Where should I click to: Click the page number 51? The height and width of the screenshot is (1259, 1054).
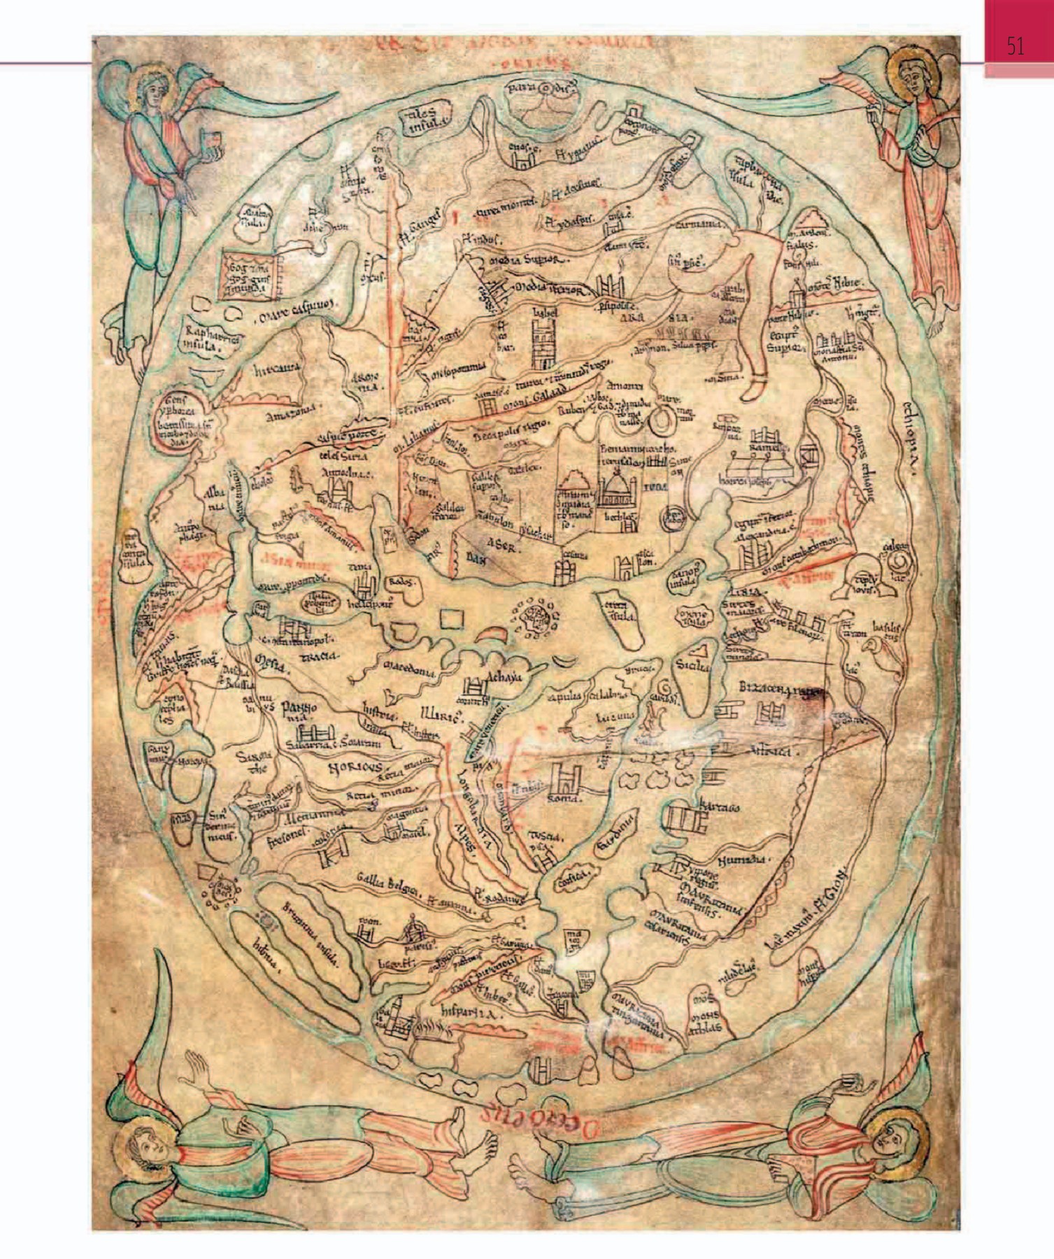click(x=1016, y=47)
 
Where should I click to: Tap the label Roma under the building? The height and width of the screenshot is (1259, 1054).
click(x=565, y=798)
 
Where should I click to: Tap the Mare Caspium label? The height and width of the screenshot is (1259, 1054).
click(x=297, y=305)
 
